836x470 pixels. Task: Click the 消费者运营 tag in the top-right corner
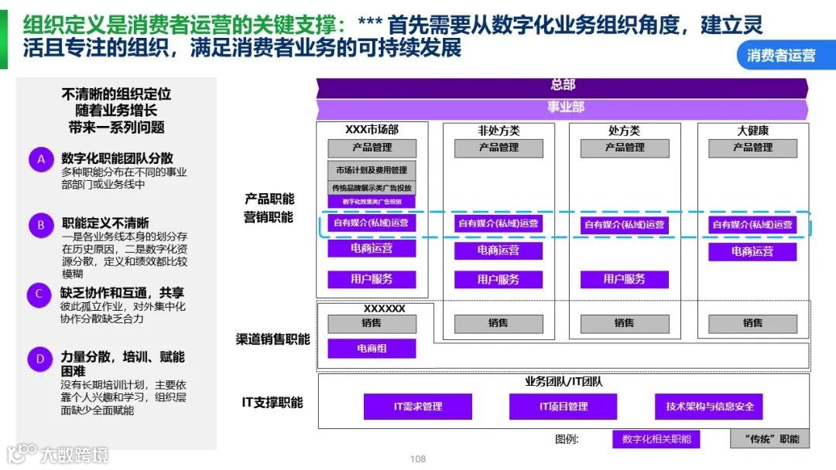[x=782, y=56]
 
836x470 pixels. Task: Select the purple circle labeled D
[x=40, y=359]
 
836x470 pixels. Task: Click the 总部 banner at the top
[x=563, y=85]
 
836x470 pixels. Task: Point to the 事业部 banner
[x=563, y=107]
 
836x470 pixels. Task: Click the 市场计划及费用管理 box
[x=372, y=170]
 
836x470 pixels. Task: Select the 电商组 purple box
[x=372, y=349]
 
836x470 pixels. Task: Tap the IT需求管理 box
[x=417, y=407]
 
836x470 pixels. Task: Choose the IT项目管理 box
[x=563, y=407]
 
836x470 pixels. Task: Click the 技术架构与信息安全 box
[x=710, y=407]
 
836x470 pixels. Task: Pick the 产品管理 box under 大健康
[x=752, y=148]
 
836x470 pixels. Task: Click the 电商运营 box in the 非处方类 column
[x=498, y=250]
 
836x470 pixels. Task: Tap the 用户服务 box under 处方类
[x=624, y=279]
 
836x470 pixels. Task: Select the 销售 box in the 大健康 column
[x=752, y=323]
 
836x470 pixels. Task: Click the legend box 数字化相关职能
[x=656, y=439]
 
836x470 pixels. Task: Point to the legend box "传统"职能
[x=770, y=439]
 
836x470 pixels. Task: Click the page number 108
[x=418, y=459]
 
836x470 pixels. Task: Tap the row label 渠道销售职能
[x=272, y=339]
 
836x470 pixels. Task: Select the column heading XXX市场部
[x=372, y=131]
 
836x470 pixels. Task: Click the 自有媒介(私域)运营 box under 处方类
[x=624, y=225]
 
